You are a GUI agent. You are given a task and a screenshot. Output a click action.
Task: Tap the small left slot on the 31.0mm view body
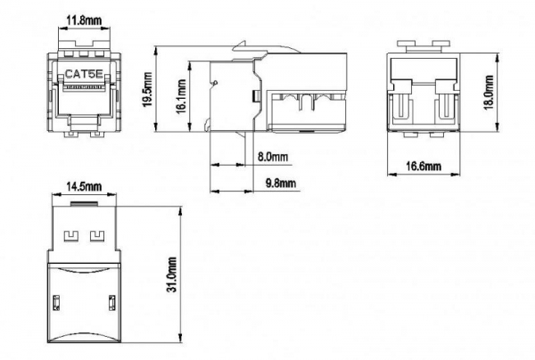coord(55,302)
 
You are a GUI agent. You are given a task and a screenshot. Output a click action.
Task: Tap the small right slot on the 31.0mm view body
coord(113,302)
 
